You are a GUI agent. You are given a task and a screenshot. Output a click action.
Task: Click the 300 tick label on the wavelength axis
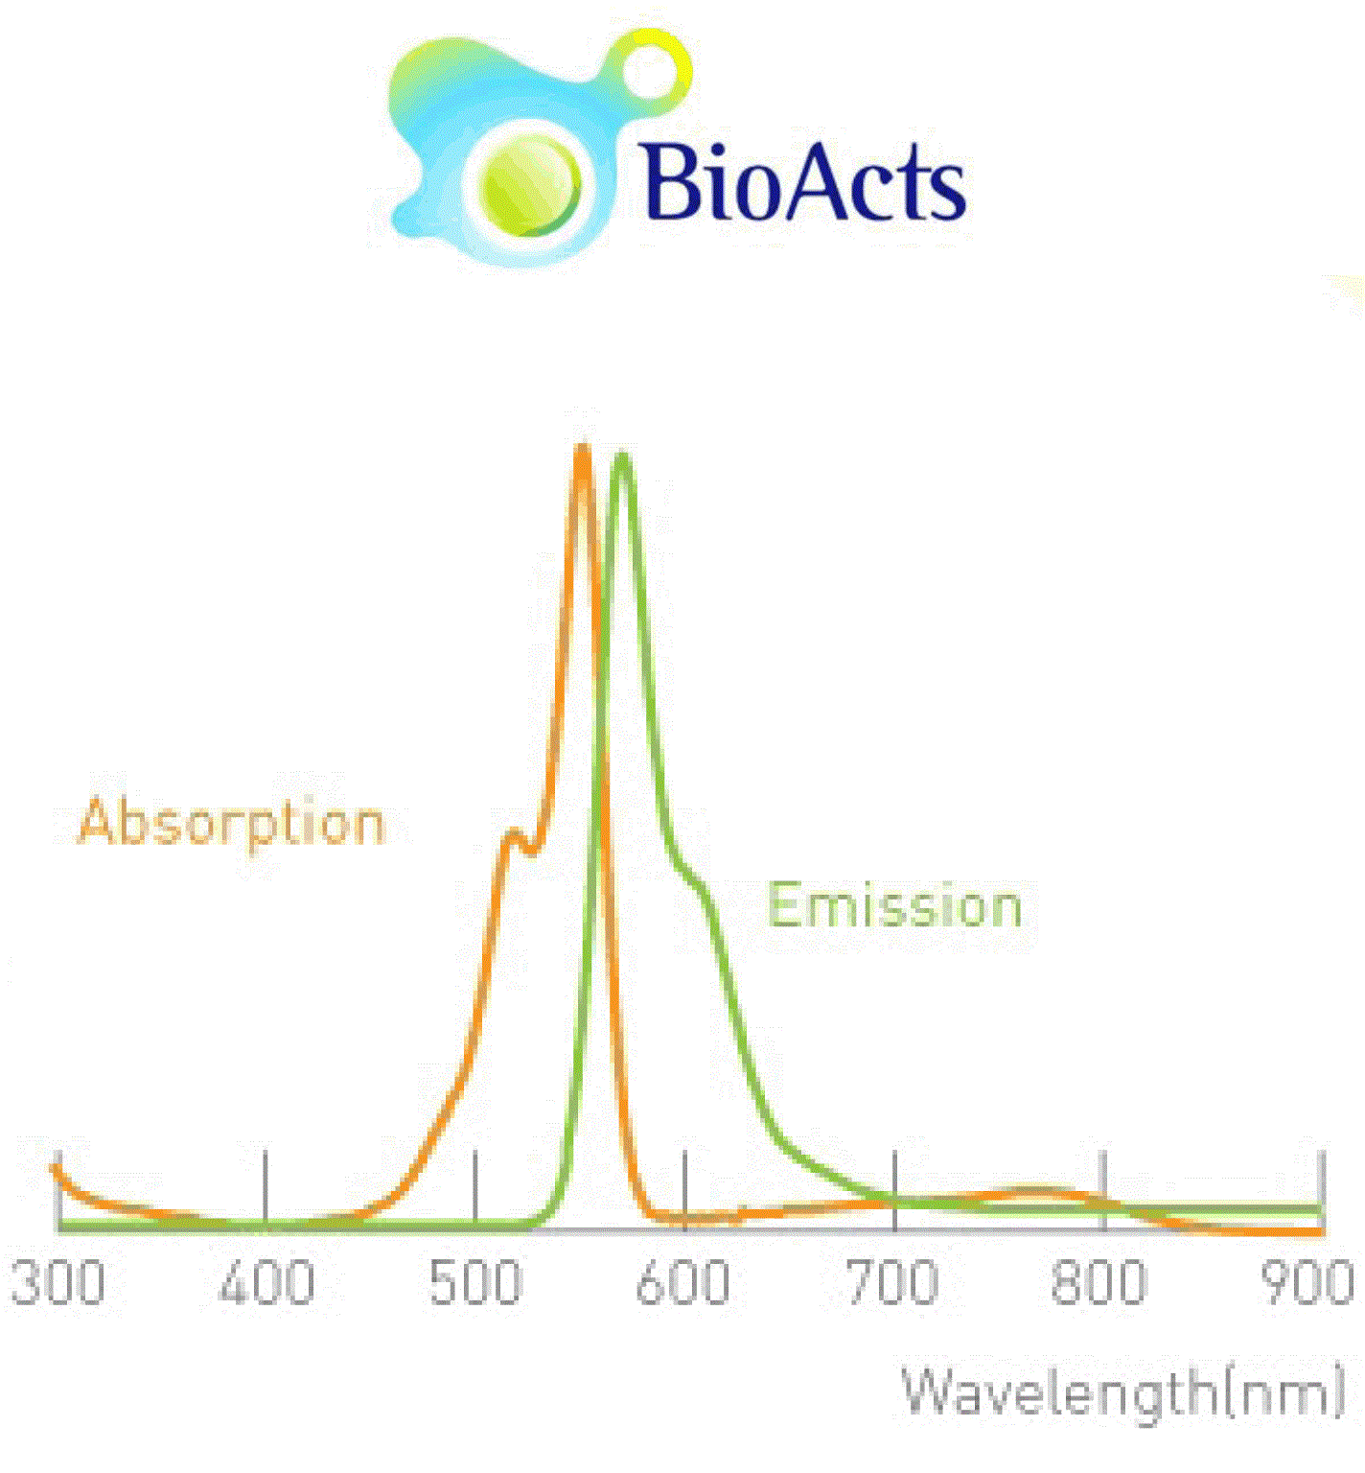58,1282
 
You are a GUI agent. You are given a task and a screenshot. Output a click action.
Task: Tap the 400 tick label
266,1282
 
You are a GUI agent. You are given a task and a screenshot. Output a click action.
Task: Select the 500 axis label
475,1282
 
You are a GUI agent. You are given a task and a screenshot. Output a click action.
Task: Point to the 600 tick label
683,1282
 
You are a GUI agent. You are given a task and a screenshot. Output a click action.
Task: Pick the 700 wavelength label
893,1282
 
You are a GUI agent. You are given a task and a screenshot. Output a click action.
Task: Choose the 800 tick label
1100,1282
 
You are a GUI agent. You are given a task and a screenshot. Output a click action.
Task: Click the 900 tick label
1308,1282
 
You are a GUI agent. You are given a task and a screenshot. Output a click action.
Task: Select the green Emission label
895,906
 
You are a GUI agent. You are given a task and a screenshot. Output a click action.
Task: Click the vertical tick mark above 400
266,1189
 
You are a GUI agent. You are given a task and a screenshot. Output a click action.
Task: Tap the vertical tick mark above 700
894,1189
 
